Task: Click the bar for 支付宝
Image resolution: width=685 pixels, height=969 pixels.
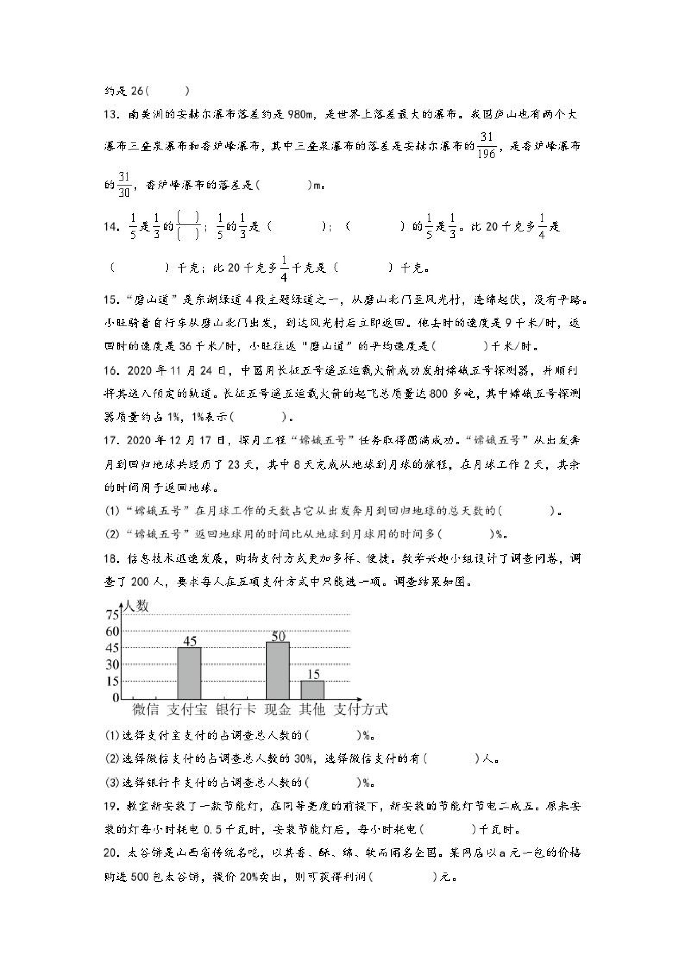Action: [x=189, y=673]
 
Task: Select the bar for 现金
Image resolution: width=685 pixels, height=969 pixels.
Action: [x=277, y=670]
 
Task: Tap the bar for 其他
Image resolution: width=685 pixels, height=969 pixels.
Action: [x=312, y=690]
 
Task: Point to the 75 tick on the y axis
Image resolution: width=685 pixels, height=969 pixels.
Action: [x=113, y=615]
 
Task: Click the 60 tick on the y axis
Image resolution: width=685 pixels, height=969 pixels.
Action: [x=113, y=632]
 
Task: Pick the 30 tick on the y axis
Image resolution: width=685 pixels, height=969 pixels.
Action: [x=113, y=665]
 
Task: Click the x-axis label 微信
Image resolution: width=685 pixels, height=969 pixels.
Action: [x=146, y=710]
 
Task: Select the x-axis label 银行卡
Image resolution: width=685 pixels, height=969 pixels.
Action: [x=236, y=710]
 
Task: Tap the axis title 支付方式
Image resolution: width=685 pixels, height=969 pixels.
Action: [x=360, y=710]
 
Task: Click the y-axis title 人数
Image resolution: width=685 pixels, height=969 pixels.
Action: [x=136, y=606]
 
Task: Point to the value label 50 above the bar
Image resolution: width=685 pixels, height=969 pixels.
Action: [x=278, y=636]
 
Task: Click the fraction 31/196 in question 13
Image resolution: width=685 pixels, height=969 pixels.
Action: [x=487, y=146]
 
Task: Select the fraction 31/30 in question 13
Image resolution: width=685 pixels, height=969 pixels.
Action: [x=124, y=184]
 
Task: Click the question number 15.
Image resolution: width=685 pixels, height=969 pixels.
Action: [x=112, y=300]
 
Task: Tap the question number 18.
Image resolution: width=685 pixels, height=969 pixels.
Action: [x=112, y=559]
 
